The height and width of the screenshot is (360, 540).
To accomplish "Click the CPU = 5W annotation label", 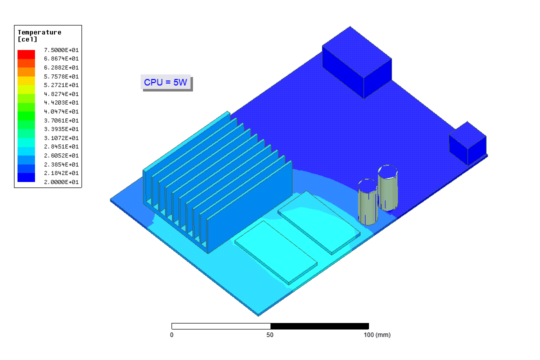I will pos(165,82).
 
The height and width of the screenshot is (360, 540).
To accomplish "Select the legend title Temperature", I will pos(39,32).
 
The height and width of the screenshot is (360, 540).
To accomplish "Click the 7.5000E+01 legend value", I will pos(61,50).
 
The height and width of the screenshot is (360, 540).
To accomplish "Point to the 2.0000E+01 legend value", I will pos(61,182).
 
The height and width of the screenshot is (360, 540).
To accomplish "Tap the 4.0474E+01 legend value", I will pos(61,111).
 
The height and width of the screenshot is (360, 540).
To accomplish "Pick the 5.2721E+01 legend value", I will pos(61,85).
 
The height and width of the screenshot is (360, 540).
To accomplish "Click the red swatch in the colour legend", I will pos(26,54).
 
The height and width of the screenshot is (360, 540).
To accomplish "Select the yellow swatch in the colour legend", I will pos(26,89).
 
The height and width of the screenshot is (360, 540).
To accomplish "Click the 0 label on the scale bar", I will pos(172,335).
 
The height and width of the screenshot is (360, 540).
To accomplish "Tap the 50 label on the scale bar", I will pos(270,335).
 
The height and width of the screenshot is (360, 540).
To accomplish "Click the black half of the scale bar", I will pos(319,326).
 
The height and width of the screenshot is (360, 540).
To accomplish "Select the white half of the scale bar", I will pos(221,326).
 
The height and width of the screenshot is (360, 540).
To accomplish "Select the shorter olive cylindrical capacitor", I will pos(367,202).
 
